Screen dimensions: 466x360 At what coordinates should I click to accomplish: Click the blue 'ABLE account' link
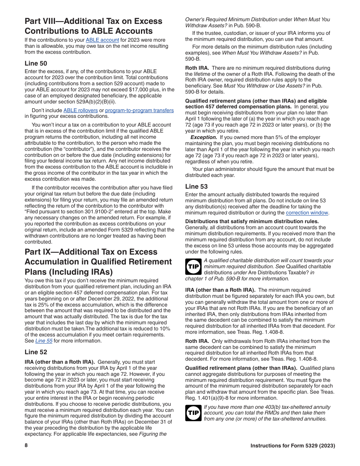(102, 40)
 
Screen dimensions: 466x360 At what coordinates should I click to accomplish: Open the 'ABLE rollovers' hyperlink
(80, 110)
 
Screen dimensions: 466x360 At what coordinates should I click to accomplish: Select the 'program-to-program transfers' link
(139, 110)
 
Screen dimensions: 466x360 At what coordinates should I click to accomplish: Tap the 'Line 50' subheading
(36, 63)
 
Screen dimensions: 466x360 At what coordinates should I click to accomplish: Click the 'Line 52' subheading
(36, 352)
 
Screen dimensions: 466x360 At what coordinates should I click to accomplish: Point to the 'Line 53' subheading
(196, 186)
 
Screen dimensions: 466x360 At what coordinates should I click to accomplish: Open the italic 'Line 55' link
(44, 341)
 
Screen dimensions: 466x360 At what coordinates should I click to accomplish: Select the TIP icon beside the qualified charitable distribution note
(193, 267)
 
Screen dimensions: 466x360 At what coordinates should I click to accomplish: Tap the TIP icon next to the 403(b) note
(193, 413)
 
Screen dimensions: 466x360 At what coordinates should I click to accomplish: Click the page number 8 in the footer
(26, 446)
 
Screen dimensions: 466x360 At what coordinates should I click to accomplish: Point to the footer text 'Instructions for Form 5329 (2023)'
(293, 446)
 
